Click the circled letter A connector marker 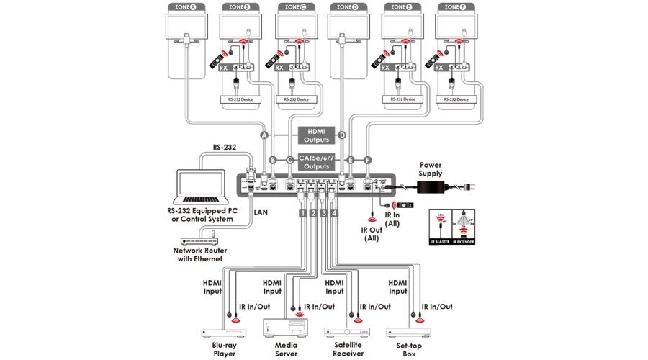264,135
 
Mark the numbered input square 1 304,213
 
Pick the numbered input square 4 334,213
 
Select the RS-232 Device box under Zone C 296,99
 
